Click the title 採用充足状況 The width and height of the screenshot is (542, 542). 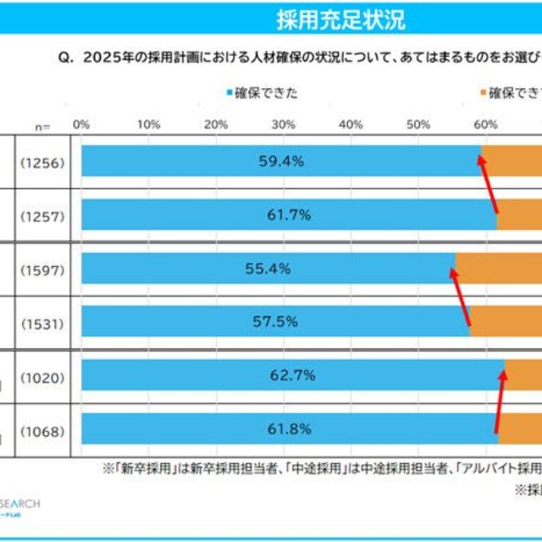point(340,19)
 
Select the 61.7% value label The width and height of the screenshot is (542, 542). point(289,215)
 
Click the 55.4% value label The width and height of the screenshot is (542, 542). point(268,268)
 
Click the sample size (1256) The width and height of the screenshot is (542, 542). point(42,161)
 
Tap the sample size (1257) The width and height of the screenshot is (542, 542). point(42,215)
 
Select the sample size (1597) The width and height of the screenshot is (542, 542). point(42,269)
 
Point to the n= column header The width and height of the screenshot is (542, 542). point(42,126)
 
